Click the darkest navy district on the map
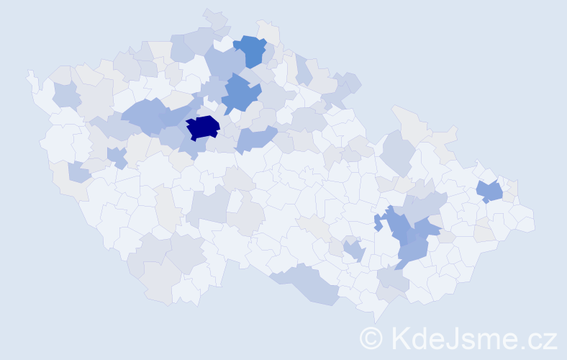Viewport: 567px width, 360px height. coord(202,127)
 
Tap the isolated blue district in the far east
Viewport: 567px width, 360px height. coord(490,192)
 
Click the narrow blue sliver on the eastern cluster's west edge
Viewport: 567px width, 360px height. coord(377,222)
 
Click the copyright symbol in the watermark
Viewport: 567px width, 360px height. coord(371,338)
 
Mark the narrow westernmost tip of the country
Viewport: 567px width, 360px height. coord(30,73)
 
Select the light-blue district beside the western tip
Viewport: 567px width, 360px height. coord(65,95)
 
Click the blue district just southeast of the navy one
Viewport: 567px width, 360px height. coord(255,138)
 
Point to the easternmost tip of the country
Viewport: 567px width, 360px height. coord(533,220)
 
